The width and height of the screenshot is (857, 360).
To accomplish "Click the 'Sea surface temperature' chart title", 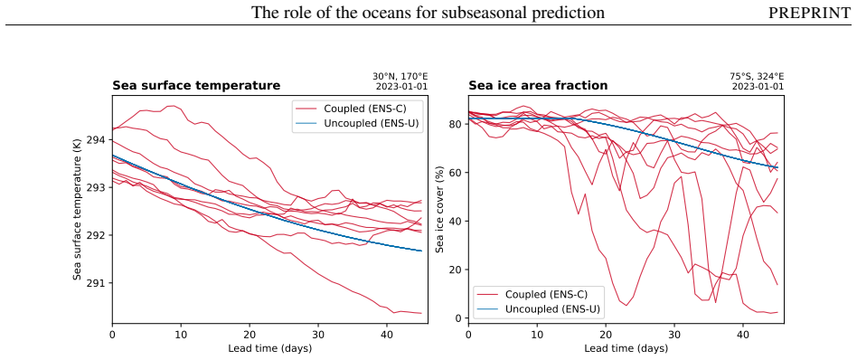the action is [x=196, y=85].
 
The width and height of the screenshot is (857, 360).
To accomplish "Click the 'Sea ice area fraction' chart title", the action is [x=538, y=85].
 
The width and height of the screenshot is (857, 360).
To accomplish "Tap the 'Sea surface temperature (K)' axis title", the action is [x=78, y=210].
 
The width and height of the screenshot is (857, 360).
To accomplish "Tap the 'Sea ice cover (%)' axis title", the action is [x=440, y=210].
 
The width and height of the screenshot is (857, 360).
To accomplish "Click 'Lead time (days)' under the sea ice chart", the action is [x=626, y=348].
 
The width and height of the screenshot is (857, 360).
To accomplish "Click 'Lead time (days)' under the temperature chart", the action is [x=270, y=348].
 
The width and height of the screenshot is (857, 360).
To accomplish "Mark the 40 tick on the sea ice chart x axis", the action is [x=743, y=333].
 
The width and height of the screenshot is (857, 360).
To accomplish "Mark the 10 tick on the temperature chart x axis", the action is [x=181, y=333].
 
